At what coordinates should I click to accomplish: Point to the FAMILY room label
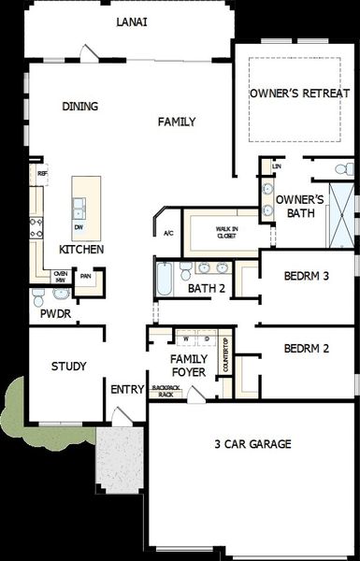pos(177,122)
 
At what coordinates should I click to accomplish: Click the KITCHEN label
pos(81,251)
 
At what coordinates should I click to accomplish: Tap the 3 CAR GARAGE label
pos(252,444)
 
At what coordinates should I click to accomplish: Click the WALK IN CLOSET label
pos(226,232)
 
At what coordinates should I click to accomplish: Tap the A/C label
pos(169,233)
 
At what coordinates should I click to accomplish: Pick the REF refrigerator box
pos(42,173)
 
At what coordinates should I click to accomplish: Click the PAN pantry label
pos(85,276)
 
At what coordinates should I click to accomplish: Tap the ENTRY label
pos(126,389)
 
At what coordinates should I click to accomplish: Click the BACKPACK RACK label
pos(166,391)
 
